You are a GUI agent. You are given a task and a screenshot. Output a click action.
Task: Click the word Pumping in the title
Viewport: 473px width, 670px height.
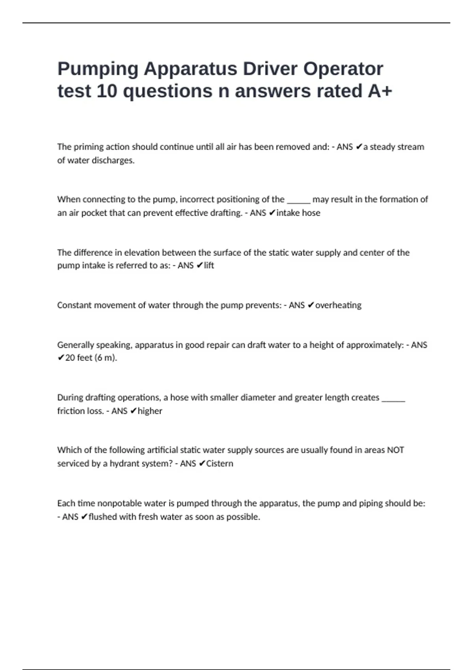click(98, 69)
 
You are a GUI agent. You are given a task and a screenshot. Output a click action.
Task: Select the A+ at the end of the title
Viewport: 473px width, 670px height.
click(380, 91)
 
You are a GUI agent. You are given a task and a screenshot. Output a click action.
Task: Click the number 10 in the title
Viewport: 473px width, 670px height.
click(107, 91)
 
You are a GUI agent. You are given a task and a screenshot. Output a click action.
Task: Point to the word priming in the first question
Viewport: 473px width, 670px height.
click(87, 147)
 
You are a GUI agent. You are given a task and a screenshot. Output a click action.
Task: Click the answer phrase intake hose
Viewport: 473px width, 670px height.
click(298, 213)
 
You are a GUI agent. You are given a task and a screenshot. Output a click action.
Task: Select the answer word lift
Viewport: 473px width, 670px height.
click(209, 265)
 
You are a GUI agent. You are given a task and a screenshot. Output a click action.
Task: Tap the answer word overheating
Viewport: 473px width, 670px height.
click(338, 305)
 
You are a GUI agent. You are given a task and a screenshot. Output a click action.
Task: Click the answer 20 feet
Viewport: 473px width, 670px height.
click(78, 358)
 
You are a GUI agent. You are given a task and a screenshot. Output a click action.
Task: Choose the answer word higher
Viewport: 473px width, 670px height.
click(150, 411)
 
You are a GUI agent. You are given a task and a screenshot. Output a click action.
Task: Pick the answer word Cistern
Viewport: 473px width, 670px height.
click(220, 463)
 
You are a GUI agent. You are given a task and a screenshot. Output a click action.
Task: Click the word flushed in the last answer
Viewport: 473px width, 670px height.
click(102, 517)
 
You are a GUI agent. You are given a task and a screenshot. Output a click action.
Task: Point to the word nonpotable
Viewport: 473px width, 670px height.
click(120, 503)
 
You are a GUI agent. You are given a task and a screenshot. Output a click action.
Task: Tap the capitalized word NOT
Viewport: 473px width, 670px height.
click(395, 450)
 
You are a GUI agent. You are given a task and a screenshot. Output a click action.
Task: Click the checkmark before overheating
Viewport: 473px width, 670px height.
click(311, 305)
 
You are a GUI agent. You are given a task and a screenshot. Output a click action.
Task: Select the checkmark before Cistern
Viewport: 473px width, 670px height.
click(201, 463)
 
